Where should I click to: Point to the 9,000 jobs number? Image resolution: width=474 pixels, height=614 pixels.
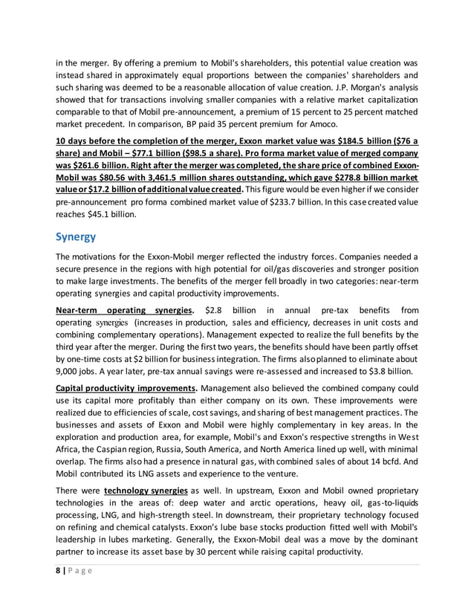pos(71,370)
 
